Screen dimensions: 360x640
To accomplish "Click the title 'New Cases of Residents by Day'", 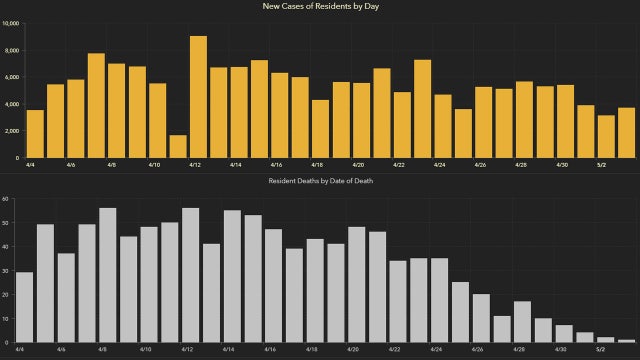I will (320, 7).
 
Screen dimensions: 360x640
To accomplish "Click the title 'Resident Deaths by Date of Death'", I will (320, 181).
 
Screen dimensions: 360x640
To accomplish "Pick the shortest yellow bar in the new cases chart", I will (178, 146).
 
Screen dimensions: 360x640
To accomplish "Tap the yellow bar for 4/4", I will (35, 134).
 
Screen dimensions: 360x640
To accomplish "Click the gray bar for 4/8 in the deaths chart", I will (108, 275).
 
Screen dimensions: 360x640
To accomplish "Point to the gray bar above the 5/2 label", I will (606, 340).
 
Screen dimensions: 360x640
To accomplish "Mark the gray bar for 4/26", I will (481, 318).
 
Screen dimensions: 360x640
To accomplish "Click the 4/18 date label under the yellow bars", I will (317, 164).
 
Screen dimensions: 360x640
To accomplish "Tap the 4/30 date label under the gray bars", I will (564, 350).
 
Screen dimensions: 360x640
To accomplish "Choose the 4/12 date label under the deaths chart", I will (190, 350).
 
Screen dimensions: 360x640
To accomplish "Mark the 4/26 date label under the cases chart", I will (480, 164).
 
